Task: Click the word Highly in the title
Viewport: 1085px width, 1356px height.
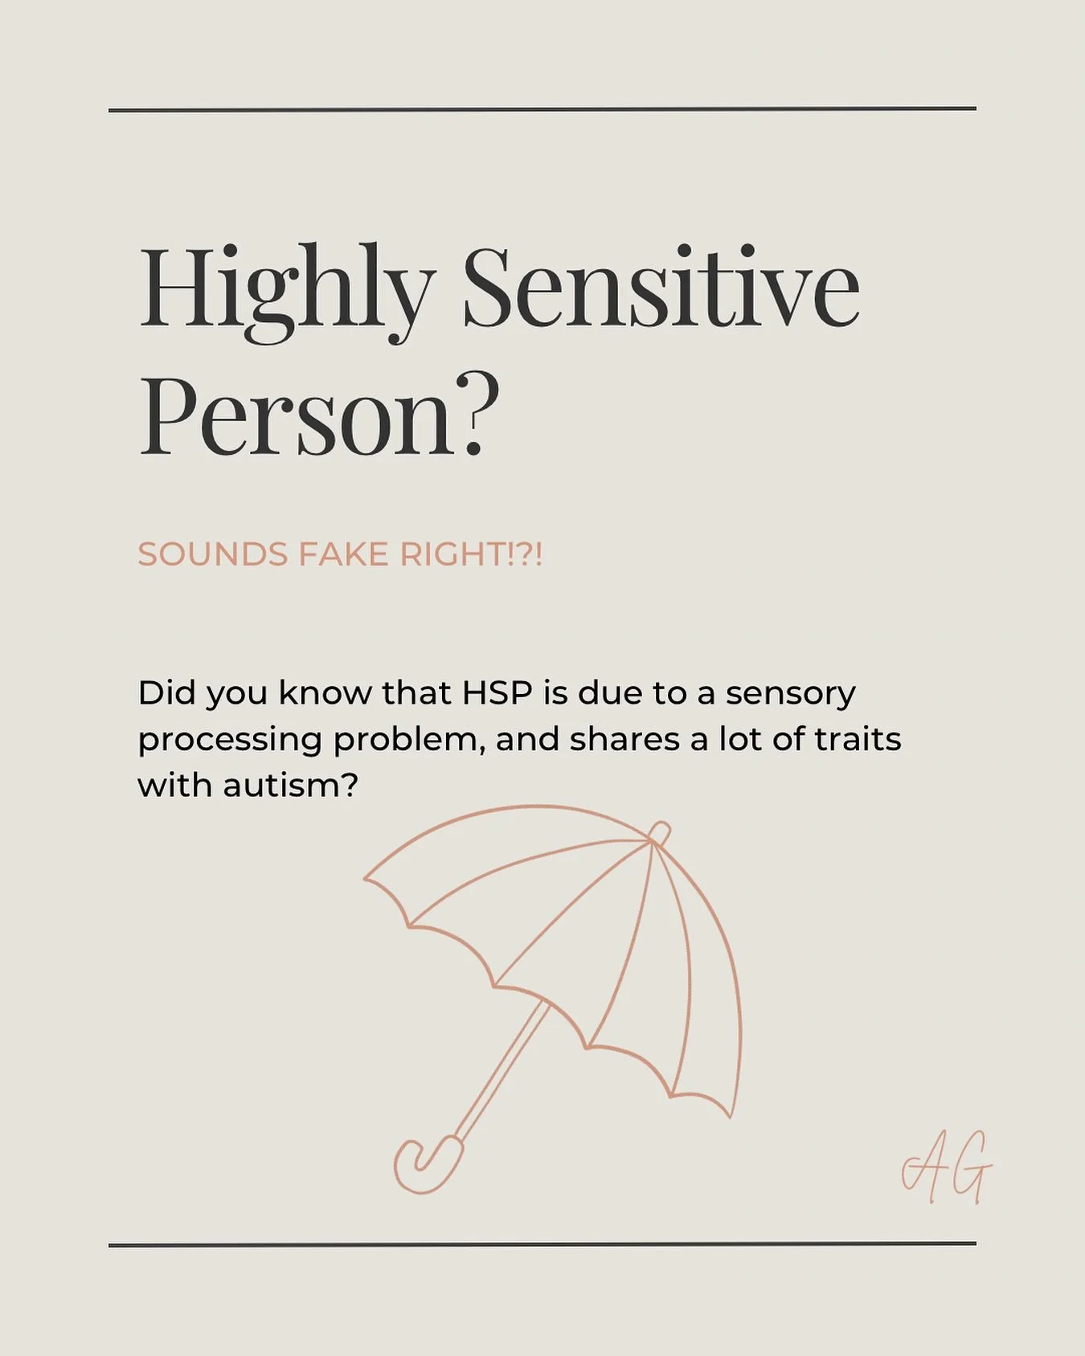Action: coord(285,289)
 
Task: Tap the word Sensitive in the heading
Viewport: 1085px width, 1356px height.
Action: coord(661,289)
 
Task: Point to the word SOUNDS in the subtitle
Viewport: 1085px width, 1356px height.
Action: coord(213,554)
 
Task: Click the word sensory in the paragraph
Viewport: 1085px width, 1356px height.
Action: coord(790,692)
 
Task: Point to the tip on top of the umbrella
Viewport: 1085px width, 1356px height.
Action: coord(660,832)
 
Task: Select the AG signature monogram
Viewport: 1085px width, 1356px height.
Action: coord(946,1169)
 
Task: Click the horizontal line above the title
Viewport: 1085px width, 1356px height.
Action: coord(542,109)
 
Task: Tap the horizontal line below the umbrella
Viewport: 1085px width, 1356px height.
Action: coord(542,1244)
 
